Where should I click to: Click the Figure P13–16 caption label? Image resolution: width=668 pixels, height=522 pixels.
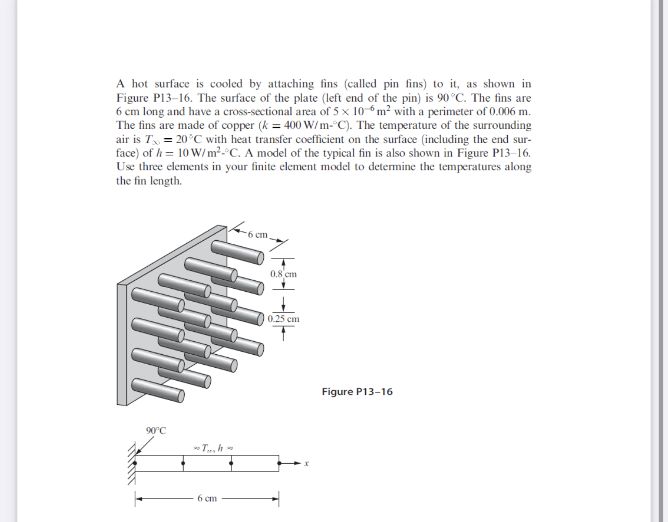357,392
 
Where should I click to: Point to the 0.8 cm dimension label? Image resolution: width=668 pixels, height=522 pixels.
284,274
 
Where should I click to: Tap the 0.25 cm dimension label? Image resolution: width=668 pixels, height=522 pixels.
284,319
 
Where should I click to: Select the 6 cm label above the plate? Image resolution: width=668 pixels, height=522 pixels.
258,234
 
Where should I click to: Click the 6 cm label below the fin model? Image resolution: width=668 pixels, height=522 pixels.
207,499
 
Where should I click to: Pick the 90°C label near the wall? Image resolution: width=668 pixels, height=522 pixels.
156,431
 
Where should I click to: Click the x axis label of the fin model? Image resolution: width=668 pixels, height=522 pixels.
307,463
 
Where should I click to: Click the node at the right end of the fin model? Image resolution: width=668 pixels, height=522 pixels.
279,463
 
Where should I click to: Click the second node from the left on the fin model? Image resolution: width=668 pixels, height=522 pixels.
183,463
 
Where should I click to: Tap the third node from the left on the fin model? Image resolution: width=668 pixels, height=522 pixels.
231,463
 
